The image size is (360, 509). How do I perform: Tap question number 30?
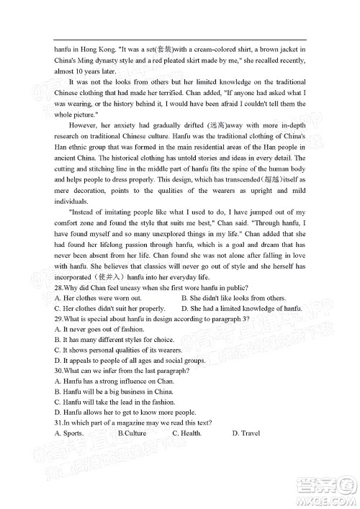coord(59,371)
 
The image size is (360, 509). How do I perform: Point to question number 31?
coord(59,423)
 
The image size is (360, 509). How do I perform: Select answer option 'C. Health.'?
coord(187,433)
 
